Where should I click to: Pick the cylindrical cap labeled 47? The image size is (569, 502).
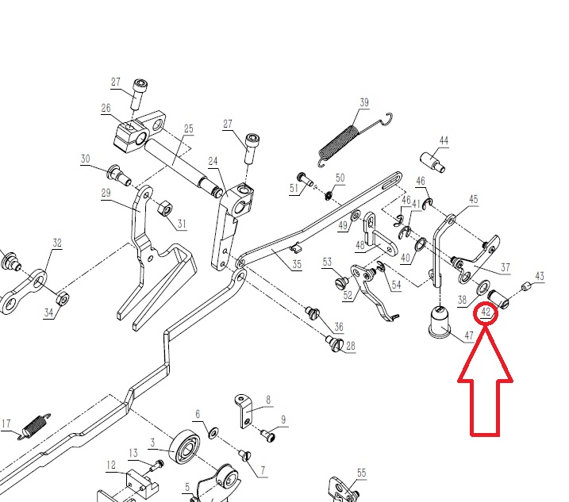point(440,321)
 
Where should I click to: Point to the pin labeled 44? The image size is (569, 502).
point(433,162)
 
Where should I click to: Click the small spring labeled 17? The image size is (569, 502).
point(35,427)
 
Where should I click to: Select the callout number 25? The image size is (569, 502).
point(188,128)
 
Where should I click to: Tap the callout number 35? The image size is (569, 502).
point(297,264)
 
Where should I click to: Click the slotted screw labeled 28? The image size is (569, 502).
point(334,343)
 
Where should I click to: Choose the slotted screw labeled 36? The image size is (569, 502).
point(313,312)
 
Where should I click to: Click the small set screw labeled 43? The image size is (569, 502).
point(526,287)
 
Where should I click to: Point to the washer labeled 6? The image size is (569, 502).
point(213,432)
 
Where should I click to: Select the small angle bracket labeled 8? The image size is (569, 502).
point(243,411)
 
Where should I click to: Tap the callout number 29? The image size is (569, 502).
point(106,193)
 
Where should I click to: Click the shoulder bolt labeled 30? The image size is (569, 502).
point(119,174)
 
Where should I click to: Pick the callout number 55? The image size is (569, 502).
point(361,473)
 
